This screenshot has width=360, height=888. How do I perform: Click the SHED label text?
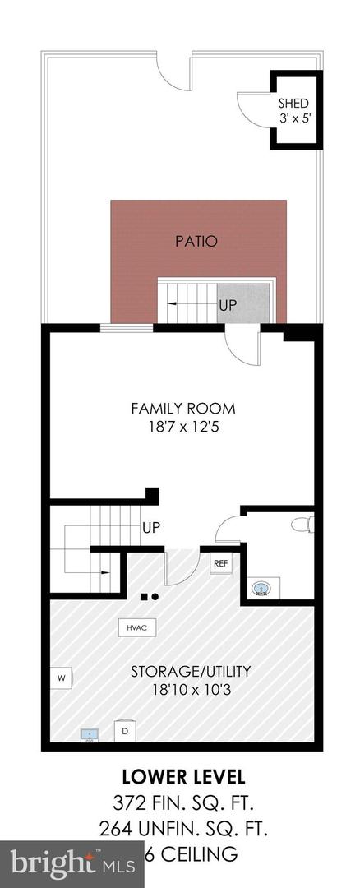point(293,104)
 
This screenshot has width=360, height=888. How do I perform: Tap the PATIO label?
point(196,242)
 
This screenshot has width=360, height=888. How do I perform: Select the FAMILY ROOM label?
point(183,409)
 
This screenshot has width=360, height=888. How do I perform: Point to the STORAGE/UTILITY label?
point(178,672)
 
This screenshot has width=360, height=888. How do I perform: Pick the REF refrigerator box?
point(220,564)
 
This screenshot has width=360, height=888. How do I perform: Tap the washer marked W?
point(61,678)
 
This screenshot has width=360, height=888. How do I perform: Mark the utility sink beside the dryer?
point(89,733)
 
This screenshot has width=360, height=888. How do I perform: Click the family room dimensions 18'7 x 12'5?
point(183,427)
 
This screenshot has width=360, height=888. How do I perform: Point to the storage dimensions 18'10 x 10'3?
point(178,691)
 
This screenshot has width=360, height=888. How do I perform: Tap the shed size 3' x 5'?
point(293,119)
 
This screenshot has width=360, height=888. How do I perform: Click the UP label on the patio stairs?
point(228,305)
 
